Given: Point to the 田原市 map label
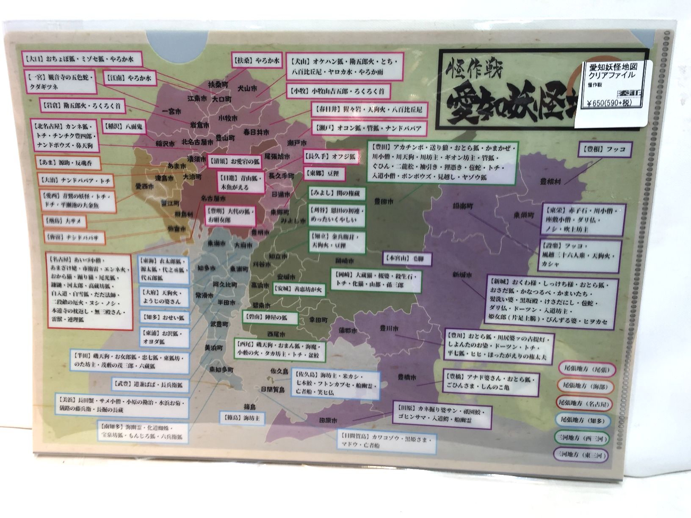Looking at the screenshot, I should point(328,421).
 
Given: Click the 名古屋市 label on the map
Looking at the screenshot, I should point(213,198).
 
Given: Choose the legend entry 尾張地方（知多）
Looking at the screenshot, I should point(583,421).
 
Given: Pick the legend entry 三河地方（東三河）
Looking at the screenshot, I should point(582,455).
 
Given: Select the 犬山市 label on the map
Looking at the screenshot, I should point(247,89).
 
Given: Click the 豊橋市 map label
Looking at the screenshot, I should point(406,377).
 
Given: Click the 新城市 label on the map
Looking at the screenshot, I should point(461,275).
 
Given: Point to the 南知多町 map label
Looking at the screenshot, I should point(221,370).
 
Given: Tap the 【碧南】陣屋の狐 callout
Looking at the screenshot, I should point(270,317).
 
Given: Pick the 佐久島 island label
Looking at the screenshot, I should point(279,371).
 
